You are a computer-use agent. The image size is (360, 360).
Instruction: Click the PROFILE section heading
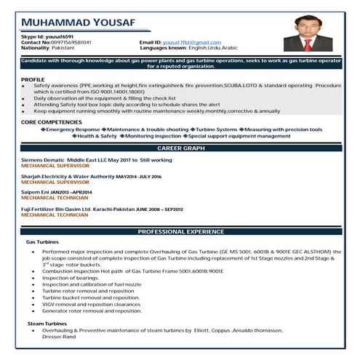point(33,79)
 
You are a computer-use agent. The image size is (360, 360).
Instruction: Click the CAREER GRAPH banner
point(180,147)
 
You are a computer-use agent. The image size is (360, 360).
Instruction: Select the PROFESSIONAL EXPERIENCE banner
point(180,231)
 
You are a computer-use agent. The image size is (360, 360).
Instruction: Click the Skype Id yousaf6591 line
point(43,37)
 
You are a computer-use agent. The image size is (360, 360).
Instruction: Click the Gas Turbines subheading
point(41,241)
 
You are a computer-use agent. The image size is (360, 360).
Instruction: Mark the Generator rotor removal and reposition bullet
point(92,311)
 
